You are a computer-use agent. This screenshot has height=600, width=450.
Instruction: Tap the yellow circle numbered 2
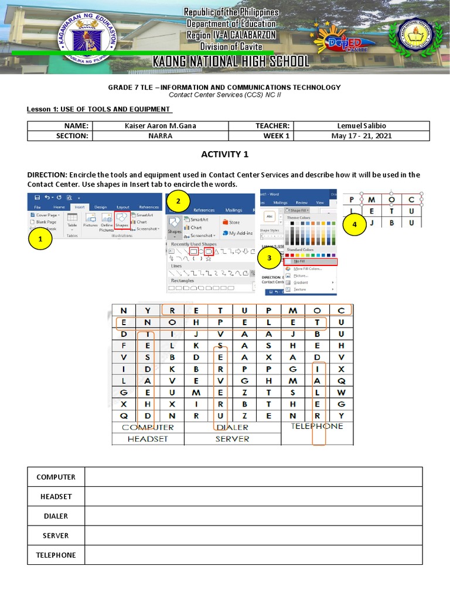pyautogui.click(x=179, y=202)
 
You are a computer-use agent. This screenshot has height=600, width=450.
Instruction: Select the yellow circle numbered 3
pyautogui.click(x=269, y=257)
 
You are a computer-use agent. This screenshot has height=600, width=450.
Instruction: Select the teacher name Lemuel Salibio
pyautogui.click(x=362, y=126)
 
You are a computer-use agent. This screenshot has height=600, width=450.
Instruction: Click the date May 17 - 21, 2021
pyautogui.click(x=362, y=136)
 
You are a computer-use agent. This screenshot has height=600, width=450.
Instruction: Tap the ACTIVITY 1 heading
pyautogui.click(x=225, y=155)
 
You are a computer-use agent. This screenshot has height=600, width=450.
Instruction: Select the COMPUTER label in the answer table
pyautogui.click(x=56, y=477)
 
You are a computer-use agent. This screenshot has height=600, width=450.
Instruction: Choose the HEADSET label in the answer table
pyautogui.click(x=56, y=496)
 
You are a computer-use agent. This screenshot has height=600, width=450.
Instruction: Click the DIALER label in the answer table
pyautogui.click(x=56, y=516)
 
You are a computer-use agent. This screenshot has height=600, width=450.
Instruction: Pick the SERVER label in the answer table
pyautogui.click(x=56, y=536)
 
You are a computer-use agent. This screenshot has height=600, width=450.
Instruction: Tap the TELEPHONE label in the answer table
pyautogui.click(x=56, y=555)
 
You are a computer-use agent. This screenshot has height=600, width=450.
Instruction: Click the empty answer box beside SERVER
pyautogui.click(x=253, y=536)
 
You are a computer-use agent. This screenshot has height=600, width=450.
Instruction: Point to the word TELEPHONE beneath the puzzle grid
pyautogui.click(x=317, y=426)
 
